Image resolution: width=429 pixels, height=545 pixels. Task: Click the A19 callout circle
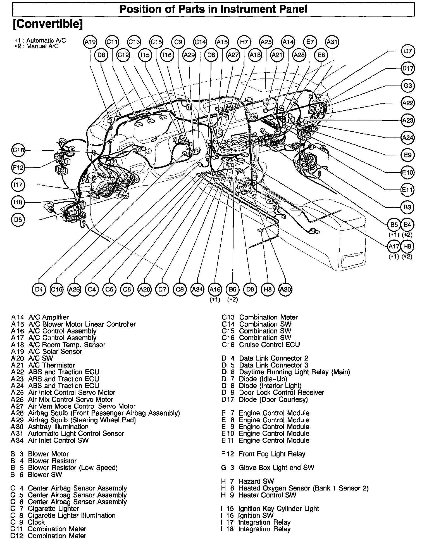click(90, 42)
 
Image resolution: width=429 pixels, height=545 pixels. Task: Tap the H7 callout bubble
click(244, 42)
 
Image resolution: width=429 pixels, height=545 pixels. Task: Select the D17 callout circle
click(408, 68)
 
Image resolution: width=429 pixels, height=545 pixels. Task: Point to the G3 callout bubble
click(408, 86)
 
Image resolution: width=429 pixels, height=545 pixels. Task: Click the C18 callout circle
click(19, 150)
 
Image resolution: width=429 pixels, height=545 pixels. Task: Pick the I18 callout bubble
click(18, 202)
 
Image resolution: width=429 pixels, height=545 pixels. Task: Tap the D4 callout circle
click(39, 289)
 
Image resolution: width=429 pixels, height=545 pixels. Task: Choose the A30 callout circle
click(285, 289)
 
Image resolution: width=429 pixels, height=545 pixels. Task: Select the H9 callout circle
click(407, 247)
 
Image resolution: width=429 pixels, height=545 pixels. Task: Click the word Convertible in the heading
click(48, 24)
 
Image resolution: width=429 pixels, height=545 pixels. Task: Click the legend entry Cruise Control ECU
click(269, 345)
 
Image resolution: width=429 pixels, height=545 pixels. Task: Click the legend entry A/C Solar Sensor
click(55, 351)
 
